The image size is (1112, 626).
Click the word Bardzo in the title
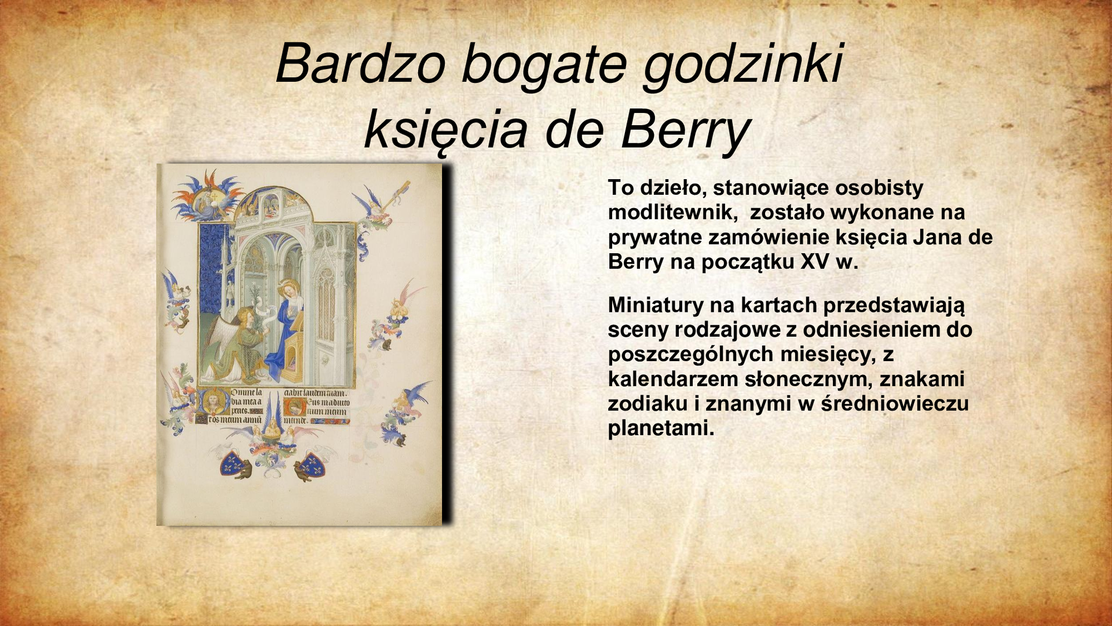click(360, 64)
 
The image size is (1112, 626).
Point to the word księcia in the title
click(445, 130)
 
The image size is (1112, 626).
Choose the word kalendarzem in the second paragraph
click(672, 379)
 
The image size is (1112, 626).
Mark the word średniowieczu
click(894, 403)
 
